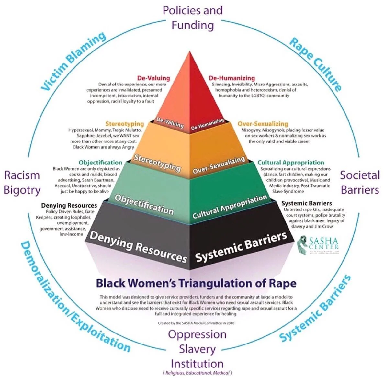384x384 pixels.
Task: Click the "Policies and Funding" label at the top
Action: (193, 17)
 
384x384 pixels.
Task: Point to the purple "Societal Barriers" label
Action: (359, 182)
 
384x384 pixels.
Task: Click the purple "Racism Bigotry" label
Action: (22, 182)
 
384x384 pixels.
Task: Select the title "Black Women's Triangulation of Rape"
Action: (196, 283)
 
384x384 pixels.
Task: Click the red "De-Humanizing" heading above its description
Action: (232, 78)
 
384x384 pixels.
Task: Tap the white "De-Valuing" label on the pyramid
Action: (170, 122)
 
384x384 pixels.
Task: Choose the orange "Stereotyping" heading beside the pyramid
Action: (124, 124)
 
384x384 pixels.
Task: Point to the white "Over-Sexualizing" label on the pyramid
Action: (219, 165)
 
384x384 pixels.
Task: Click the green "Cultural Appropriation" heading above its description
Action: (290, 163)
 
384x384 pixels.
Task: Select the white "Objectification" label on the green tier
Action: (144, 204)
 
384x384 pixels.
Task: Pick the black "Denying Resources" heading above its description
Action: (69, 205)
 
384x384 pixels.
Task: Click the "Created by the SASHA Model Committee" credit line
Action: (196, 323)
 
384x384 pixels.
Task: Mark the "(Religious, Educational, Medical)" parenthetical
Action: (197, 373)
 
